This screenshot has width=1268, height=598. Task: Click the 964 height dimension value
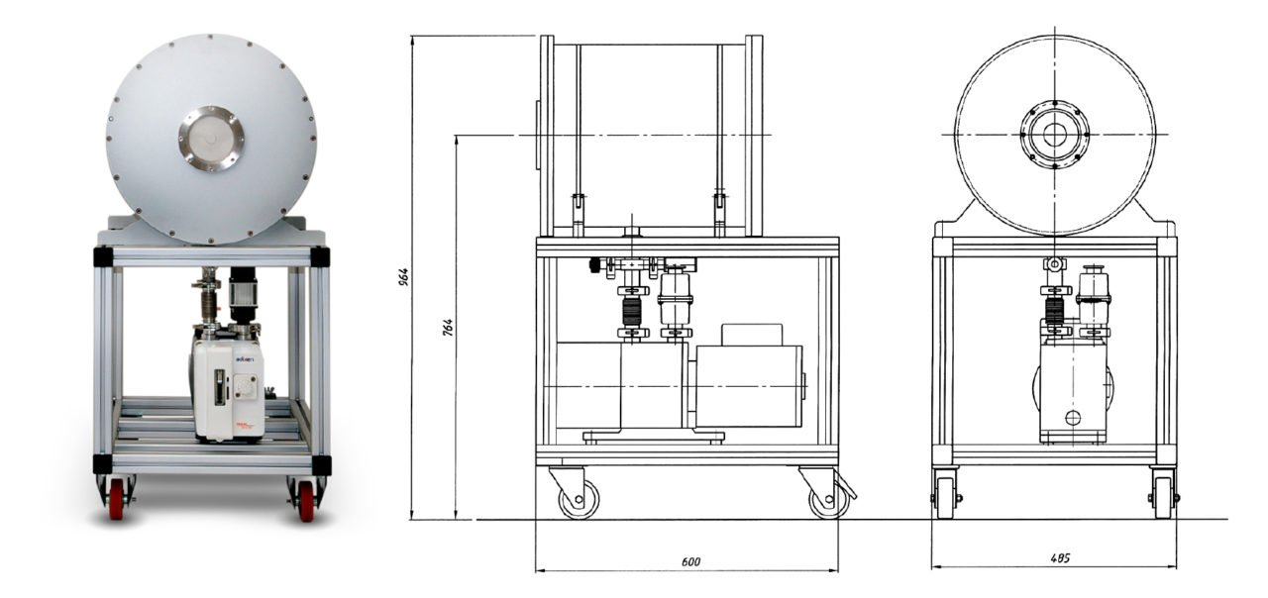coord(404,277)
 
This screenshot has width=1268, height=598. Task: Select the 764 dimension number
coord(447,328)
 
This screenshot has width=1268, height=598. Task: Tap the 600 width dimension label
coord(690,561)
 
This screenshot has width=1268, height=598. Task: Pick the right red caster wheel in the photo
coord(305,497)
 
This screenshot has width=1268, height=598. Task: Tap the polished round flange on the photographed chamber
coord(210,139)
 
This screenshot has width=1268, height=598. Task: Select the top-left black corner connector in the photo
coord(103,256)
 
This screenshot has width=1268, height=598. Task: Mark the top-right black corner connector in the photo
coord(319,256)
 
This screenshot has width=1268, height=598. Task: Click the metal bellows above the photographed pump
coord(209,295)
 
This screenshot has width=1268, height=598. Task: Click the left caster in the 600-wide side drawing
coord(577,495)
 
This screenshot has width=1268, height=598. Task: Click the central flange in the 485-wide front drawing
coord(1055,135)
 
